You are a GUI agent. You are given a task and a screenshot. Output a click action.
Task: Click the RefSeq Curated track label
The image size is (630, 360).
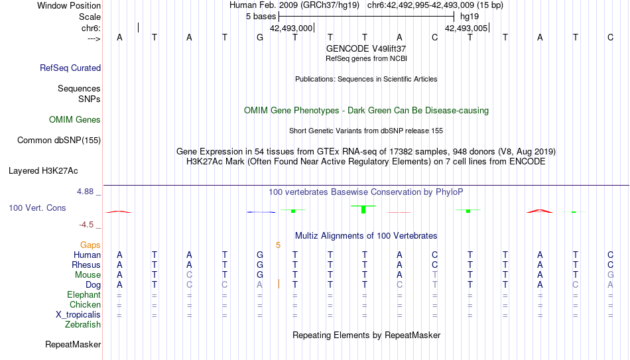[x=70, y=68]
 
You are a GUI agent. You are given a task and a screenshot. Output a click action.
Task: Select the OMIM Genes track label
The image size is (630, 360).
[x=75, y=120]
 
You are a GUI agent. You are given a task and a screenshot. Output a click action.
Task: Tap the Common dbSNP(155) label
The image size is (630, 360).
[x=59, y=141]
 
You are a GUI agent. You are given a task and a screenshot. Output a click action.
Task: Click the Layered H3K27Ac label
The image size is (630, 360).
[x=43, y=171]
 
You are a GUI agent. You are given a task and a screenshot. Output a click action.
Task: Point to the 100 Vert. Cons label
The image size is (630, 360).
[x=37, y=208]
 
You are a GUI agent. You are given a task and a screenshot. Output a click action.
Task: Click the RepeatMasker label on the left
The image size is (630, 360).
[x=73, y=344]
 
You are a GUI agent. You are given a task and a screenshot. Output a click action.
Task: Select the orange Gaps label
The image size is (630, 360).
[x=90, y=245]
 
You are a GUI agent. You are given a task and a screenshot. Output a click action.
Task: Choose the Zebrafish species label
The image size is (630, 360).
[x=83, y=324]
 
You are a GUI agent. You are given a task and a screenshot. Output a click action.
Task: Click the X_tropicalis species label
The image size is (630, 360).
[x=78, y=315]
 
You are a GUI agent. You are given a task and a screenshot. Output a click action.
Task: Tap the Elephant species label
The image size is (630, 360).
[x=84, y=294]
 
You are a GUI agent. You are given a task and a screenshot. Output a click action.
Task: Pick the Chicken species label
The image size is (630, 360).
[x=85, y=304]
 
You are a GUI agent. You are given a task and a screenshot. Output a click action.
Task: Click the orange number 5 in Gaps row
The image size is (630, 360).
[x=278, y=245]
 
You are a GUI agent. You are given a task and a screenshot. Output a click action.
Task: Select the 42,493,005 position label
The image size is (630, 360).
[x=466, y=28]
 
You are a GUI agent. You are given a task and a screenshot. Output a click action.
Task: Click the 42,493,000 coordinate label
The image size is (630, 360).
[x=291, y=28]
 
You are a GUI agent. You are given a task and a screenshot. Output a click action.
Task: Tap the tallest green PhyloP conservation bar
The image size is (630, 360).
[x=363, y=210]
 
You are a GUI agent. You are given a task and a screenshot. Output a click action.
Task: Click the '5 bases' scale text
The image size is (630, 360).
[x=261, y=17]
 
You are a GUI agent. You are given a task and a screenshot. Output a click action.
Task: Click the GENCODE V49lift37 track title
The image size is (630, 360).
[x=366, y=48]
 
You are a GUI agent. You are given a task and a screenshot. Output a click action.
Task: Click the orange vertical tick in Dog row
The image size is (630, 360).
[x=279, y=284]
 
